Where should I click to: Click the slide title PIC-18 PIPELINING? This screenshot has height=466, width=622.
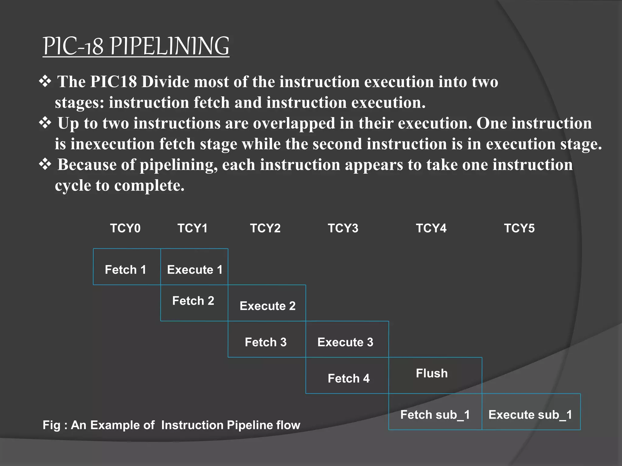(136, 46)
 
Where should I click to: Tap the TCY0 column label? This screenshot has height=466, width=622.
(125, 228)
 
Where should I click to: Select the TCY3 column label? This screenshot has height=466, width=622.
(343, 228)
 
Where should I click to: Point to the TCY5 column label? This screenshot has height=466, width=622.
(519, 228)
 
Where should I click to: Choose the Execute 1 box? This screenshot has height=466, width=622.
(194, 267)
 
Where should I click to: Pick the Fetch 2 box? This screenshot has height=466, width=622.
(194, 303)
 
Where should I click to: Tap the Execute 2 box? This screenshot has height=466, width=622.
(267, 303)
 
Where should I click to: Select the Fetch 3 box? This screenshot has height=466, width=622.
(266, 339)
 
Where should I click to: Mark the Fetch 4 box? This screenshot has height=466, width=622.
(347, 376)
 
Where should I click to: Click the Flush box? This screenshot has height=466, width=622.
(435, 375)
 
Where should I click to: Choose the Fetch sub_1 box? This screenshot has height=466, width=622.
(435, 412)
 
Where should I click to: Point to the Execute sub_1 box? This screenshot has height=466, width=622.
(531, 412)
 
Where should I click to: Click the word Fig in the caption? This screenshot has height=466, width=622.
(51, 425)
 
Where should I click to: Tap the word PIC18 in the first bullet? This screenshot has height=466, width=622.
(113, 82)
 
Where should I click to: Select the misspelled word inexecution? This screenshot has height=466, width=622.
(112, 144)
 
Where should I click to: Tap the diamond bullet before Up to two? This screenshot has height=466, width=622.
(45, 123)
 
